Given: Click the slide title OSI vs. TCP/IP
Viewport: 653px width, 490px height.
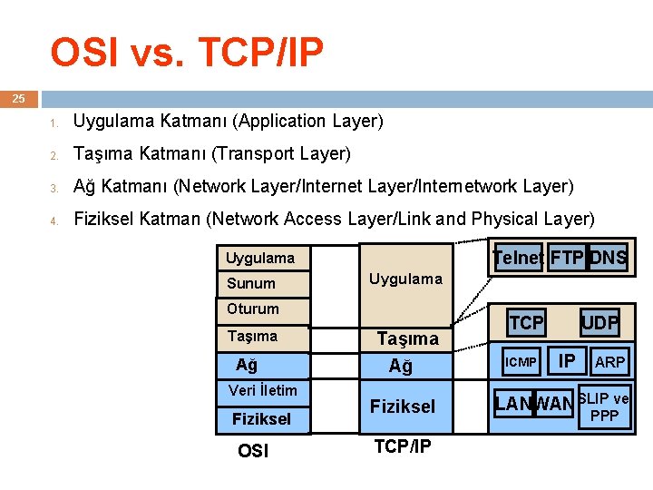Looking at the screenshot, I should pos(186,53).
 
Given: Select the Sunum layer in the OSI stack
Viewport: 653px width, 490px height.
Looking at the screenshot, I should pos(251,283).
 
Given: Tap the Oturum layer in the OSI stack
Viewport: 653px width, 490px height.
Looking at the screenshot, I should pos(253,309).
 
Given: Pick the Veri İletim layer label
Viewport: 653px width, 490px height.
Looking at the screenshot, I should pos(262,390).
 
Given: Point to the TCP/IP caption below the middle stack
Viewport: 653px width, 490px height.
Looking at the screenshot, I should pos(403,446).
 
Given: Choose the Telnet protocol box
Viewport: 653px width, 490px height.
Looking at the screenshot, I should pos(518,258).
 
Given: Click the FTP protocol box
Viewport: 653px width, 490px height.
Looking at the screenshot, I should pos(567,258).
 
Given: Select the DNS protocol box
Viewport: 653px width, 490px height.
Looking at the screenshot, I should pos(608,258).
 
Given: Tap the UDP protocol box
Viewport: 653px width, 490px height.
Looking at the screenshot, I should pos(599,322).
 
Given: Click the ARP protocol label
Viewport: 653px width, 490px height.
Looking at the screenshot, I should pos(609,362).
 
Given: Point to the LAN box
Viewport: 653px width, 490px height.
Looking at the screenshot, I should pos(513,403).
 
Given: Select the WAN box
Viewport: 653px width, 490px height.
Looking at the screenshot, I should pos(555,403).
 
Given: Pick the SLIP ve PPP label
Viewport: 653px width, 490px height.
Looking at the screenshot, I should pos(604,407).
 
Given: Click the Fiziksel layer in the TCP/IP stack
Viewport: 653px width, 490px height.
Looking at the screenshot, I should pos(403,407).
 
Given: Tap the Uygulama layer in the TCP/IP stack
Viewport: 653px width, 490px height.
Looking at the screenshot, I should pos(405,279).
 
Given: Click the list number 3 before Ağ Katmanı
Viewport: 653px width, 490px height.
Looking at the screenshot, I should pos(54,188).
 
